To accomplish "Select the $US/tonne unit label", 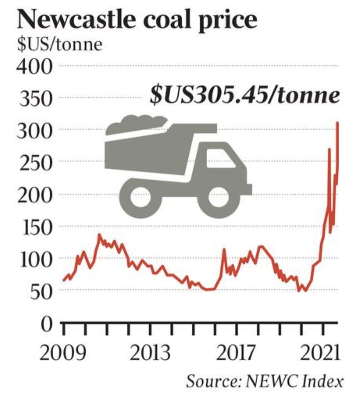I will [60, 44].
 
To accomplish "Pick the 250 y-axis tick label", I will [36, 163].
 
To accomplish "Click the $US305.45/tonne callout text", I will [244, 96].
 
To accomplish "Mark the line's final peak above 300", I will [338, 123].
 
